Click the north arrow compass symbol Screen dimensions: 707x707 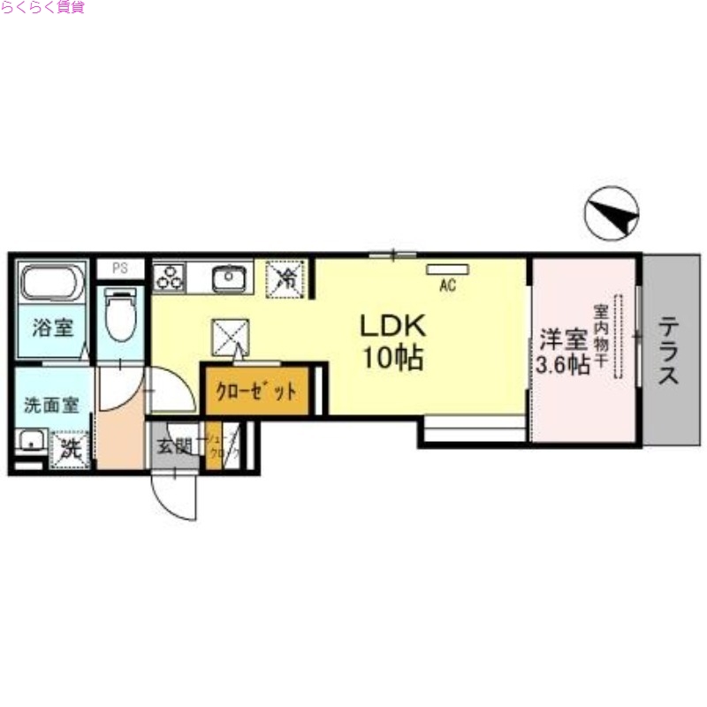(x=612, y=213)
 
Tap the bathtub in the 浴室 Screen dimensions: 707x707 (x=52, y=283)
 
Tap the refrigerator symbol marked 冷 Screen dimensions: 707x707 (x=286, y=277)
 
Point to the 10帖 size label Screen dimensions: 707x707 (x=392, y=359)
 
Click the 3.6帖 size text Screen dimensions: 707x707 (x=563, y=364)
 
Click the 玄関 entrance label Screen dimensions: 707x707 (x=175, y=446)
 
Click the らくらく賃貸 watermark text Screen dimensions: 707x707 (x=42, y=8)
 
